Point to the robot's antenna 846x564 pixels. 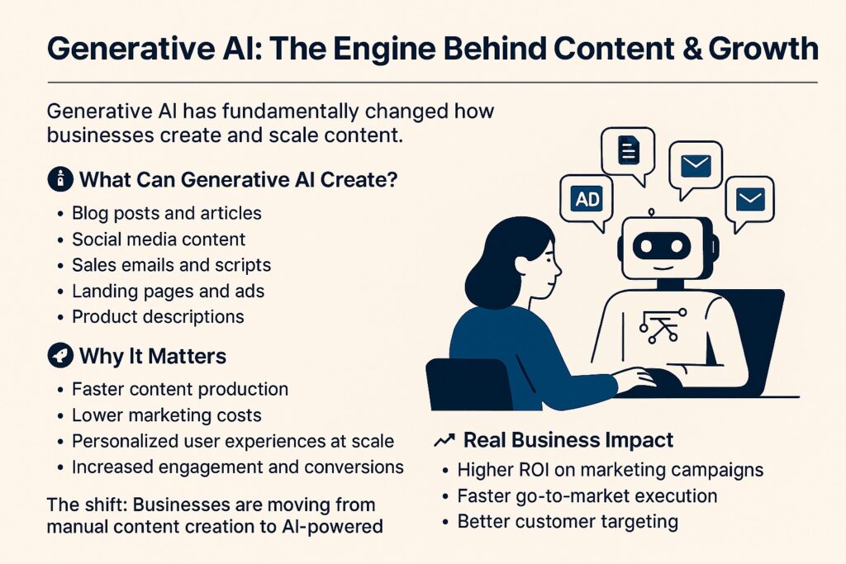pyautogui.click(x=651, y=214)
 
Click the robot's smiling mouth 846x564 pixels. pyautogui.click(x=662, y=268)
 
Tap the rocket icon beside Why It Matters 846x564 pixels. pyautogui.click(x=60, y=356)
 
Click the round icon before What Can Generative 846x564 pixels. pyautogui.click(x=60, y=179)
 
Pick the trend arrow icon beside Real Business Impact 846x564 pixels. pyautogui.click(x=444, y=440)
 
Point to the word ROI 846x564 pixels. pyautogui.click(x=534, y=470)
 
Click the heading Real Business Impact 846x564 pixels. pyautogui.click(x=568, y=440)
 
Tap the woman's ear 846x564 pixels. pyautogui.click(x=522, y=264)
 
